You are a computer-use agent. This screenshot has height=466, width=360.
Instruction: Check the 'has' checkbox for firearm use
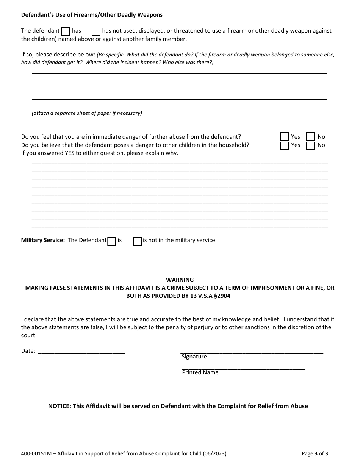point(66,31)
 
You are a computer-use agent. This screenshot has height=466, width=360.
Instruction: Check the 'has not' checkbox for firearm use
point(96,31)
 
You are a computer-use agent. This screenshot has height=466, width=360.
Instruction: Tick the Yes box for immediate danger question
point(285,137)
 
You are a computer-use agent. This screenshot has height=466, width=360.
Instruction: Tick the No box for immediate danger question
point(310,137)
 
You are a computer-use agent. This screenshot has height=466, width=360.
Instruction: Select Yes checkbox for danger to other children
point(285,145)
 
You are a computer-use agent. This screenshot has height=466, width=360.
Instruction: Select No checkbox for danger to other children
point(310,145)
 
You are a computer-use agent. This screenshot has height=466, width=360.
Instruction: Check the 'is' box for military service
point(111,241)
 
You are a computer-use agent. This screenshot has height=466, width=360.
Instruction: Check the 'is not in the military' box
point(137,241)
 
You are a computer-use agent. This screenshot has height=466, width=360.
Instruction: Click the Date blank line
point(82,351)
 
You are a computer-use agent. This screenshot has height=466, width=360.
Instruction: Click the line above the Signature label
point(252,352)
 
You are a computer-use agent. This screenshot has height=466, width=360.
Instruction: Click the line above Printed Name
point(244,368)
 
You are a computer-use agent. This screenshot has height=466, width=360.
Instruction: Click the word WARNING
point(180,280)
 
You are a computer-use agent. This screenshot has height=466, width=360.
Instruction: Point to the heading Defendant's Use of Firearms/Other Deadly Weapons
point(92,15)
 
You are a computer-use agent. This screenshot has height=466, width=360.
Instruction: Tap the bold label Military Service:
point(43,240)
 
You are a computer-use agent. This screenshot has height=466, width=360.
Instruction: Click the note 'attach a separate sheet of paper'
point(87,113)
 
